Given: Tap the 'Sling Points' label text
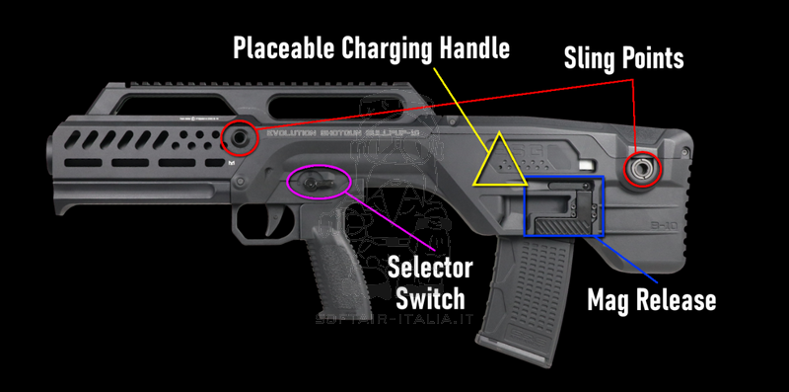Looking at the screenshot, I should click(x=623, y=58).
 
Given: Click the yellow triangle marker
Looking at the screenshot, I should click(x=500, y=160).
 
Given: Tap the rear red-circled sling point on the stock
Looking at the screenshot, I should click(x=644, y=169).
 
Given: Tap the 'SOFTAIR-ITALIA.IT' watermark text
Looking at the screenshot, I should click(x=394, y=320).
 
